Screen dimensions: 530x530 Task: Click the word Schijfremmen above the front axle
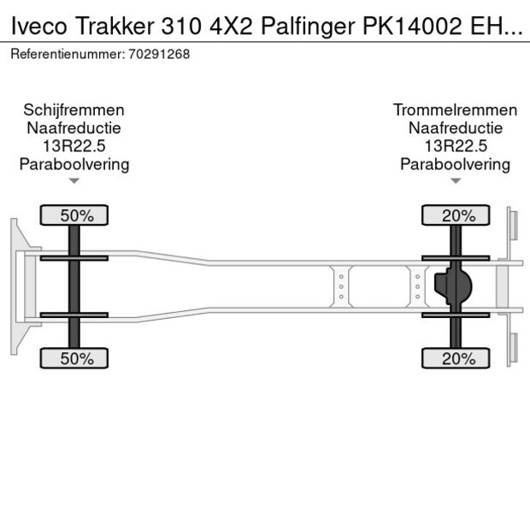(x=74, y=109)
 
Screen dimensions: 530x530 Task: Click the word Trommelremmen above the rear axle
(x=455, y=109)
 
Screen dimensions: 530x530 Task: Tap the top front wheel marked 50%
(x=75, y=215)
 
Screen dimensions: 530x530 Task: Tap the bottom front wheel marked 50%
(x=75, y=358)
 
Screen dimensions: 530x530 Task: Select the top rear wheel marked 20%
(x=456, y=215)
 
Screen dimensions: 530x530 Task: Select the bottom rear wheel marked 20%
(x=456, y=358)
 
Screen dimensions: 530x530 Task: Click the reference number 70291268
(x=161, y=54)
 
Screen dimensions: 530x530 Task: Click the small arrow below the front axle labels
(x=74, y=180)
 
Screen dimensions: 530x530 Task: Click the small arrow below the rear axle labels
(x=455, y=180)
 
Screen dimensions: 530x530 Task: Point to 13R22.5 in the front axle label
(x=74, y=146)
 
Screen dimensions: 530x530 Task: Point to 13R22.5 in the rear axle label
(x=455, y=146)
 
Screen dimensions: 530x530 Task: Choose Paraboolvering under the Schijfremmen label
(x=74, y=164)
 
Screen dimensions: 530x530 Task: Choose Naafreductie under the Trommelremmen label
(x=455, y=128)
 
